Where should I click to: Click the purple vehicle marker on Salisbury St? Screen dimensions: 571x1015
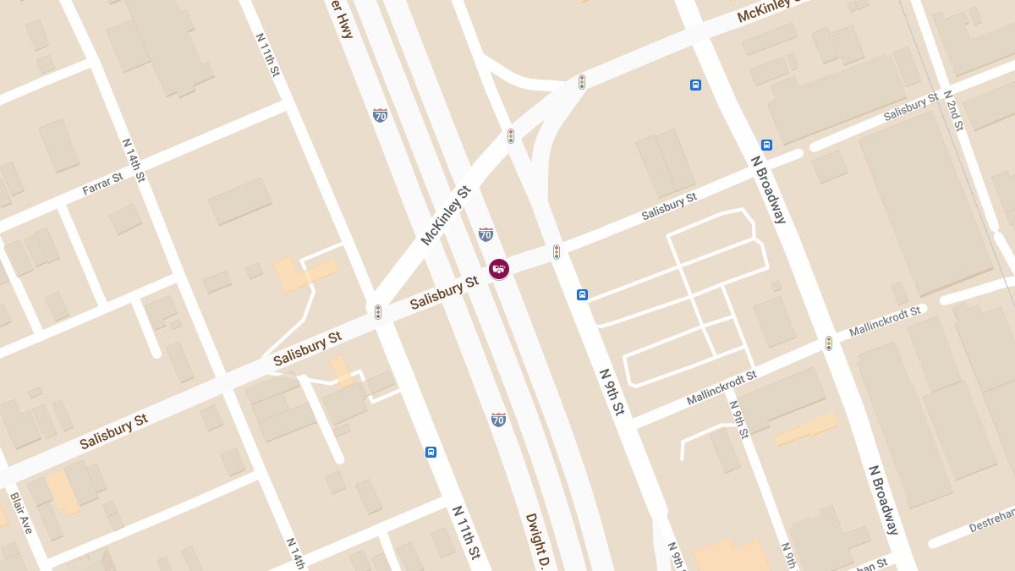click(x=499, y=269)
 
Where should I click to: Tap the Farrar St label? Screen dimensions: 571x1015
click(x=102, y=184)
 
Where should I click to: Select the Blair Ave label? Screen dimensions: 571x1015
click(x=21, y=513)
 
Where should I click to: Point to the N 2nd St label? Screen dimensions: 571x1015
click(x=953, y=110)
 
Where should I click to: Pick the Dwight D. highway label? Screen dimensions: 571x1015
click(x=538, y=541)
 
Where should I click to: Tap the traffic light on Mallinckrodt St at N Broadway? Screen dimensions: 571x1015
click(x=829, y=343)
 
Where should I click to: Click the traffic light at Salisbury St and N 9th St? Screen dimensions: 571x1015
click(x=557, y=251)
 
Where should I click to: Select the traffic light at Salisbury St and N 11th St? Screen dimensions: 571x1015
click(x=378, y=312)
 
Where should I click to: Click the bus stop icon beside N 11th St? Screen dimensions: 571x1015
click(x=431, y=452)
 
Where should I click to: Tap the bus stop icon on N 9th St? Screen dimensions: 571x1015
click(x=582, y=294)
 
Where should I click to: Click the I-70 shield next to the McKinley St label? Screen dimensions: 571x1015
click(x=486, y=233)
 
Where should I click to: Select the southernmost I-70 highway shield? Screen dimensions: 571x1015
click(x=498, y=419)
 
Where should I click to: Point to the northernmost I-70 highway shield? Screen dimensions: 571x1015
click(x=381, y=115)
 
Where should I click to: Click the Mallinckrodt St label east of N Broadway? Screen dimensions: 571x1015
click(x=884, y=321)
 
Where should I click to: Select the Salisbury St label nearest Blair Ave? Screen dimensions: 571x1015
click(x=113, y=431)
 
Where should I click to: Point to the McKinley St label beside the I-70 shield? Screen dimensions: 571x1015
click(x=445, y=216)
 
